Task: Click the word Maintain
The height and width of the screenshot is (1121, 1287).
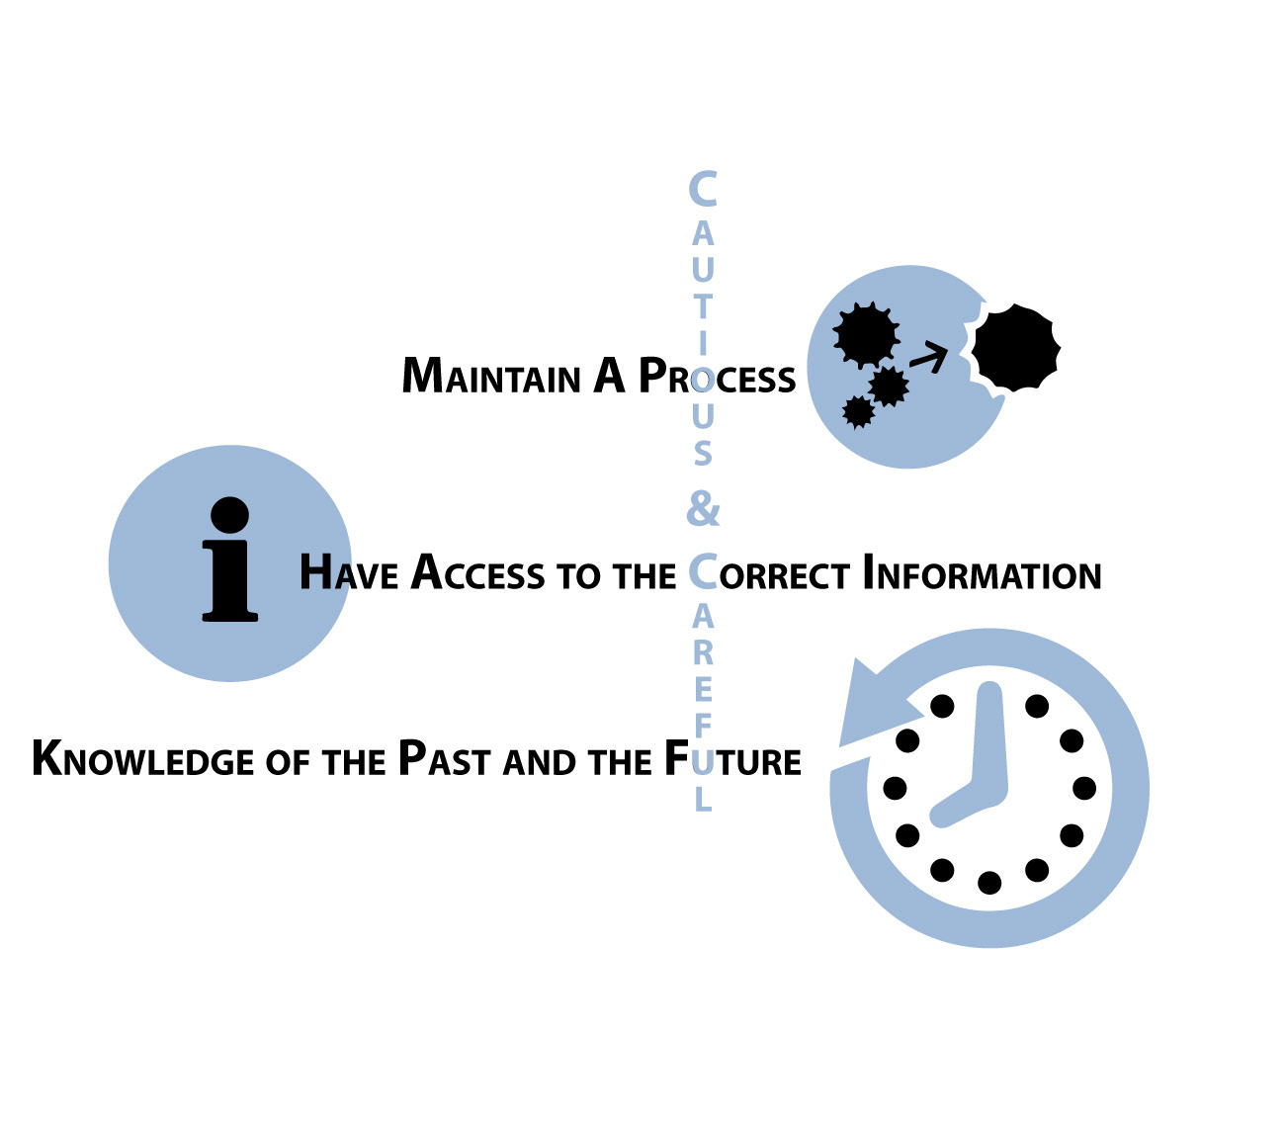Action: click(x=491, y=378)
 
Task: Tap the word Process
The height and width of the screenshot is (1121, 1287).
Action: click(x=717, y=378)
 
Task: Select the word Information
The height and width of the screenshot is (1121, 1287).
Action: click(x=982, y=574)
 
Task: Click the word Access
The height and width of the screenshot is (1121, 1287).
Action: click(x=477, y=574)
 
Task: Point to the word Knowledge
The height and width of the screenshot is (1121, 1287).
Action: click(x=143, y=760)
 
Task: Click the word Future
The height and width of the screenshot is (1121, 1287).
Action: click(x=732, y=760)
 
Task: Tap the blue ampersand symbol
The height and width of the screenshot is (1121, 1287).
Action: click(x=703, y=510)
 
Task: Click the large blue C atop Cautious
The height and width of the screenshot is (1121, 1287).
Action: click(x=703, y=189)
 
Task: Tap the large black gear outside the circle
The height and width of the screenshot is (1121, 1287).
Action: click(x=1015, y=347)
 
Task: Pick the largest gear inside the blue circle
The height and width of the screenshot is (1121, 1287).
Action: click(x=867, y=335)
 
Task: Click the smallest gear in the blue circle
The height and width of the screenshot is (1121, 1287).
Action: click(x=858, y=411)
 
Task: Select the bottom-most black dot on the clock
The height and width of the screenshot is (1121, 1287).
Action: click(x=989, y=883)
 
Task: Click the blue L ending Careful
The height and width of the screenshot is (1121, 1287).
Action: click(x=703, y=800)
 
